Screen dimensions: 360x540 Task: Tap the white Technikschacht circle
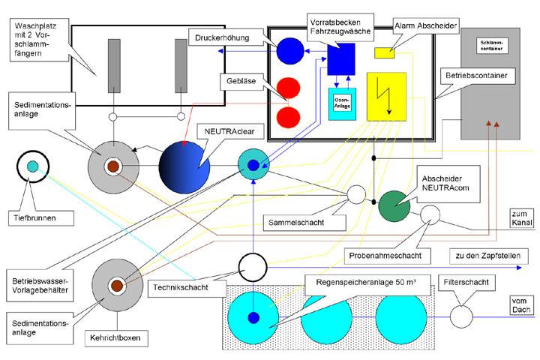point(253,265)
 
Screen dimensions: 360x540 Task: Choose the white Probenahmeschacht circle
point(430,216)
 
